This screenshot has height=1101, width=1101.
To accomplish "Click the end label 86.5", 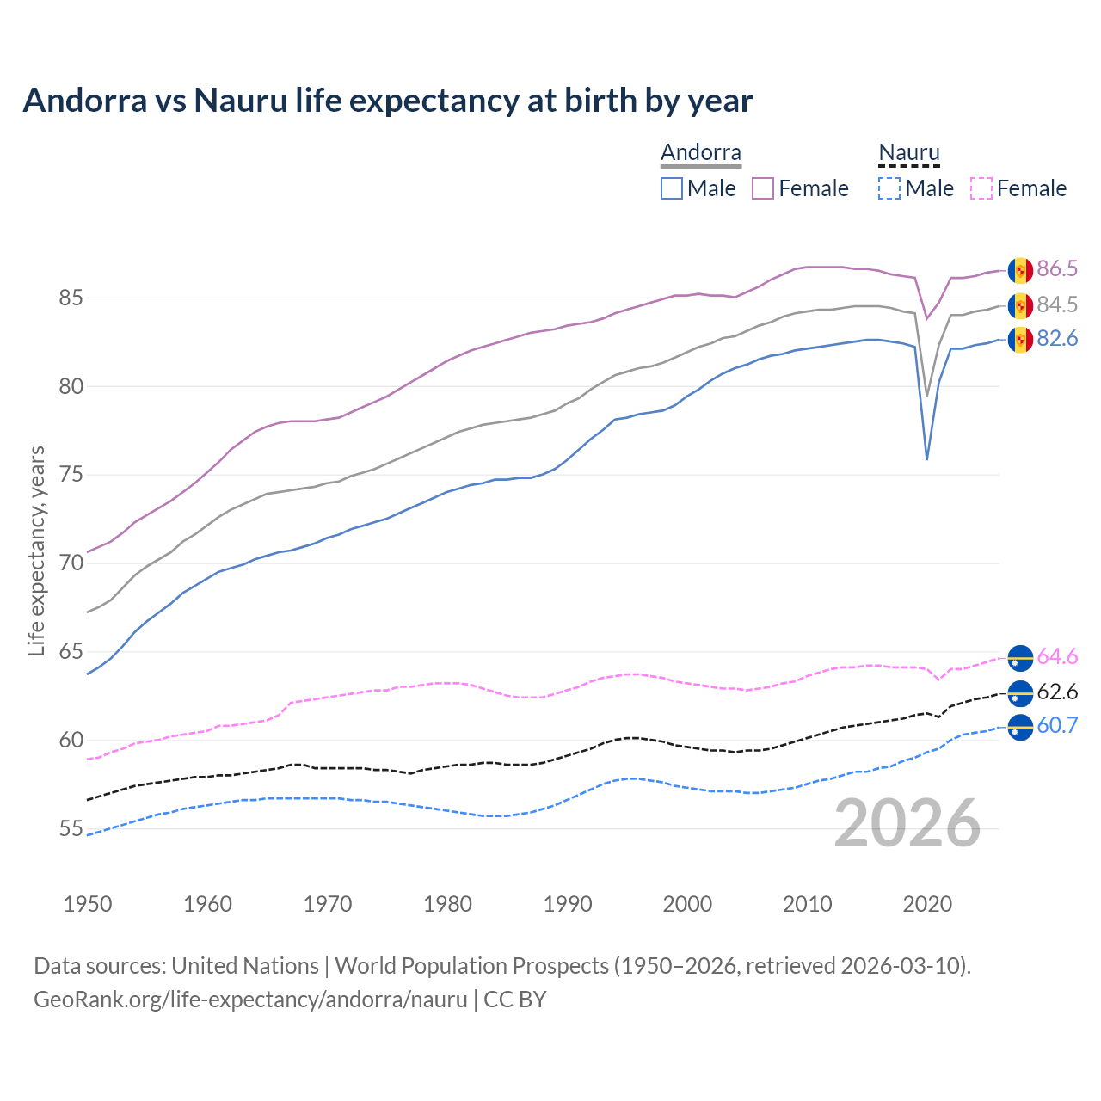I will pos(1057,269).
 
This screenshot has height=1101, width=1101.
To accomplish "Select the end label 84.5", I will pos(1057,304).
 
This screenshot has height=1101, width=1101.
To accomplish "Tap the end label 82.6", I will pos(1057,339).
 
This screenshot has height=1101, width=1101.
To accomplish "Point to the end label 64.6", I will pos(1057,657).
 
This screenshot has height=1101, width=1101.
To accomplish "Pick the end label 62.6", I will pos(1057,692).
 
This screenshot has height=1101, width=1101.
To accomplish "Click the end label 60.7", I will pos(1057,726).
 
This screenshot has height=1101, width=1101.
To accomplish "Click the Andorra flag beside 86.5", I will pos(1020,270).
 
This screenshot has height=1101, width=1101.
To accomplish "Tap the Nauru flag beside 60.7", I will pos(1020,727).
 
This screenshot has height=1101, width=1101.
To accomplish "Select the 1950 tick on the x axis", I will pos(88,904).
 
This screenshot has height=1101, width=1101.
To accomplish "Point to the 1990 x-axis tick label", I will pos(568,904).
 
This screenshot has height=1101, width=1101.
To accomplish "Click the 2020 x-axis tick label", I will pos(927,904).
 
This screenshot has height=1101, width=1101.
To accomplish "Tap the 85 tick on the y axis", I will pos(71,298).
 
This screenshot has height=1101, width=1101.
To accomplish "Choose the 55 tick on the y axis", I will pos(71,829).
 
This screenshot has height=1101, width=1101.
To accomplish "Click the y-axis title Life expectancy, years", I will pos(36,550).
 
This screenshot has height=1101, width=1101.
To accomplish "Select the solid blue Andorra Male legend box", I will pos(672,188).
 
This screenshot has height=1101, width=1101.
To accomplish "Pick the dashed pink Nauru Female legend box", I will pos(981,188).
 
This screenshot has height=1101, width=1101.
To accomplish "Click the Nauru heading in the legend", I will pos(909,153).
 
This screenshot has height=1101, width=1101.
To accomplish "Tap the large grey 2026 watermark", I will pos(907,824).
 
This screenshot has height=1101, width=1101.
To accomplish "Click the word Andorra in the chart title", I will pos(84,101).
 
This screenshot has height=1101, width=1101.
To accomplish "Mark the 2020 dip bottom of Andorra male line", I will pos(926,459).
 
